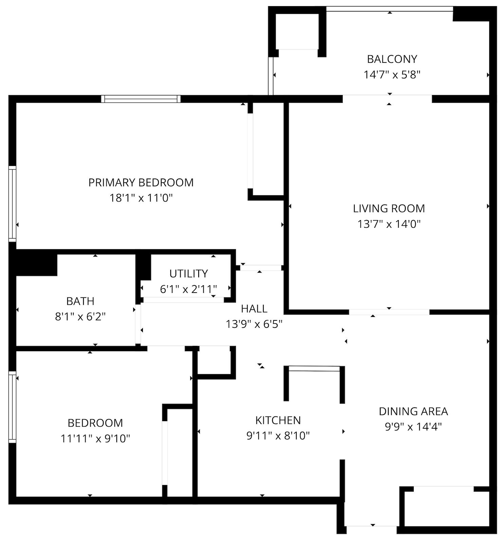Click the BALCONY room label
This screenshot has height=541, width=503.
[x=392, y=59]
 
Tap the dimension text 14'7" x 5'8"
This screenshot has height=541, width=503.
[x=392, y=75]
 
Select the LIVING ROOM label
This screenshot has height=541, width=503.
[x=389, y=208]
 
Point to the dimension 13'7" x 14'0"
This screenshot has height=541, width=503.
[x=389, y=224]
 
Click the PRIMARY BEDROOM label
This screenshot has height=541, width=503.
[x=141, y=183]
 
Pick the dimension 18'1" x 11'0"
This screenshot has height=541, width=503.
[x=141, y=198]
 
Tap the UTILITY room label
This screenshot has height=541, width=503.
[x=188, y=274]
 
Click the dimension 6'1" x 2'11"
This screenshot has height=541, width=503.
[x=188, y=289]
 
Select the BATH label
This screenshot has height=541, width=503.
[x=80, y=301]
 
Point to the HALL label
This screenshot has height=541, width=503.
[x=254, y=309]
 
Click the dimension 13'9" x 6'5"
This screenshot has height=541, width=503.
[x=254, y=324]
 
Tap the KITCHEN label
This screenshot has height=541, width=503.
[x=278, y=420]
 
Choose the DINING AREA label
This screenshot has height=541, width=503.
[x=413, y=411]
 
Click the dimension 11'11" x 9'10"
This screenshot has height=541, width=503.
[x=95, y=439]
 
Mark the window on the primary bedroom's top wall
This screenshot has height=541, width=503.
[x=141, y=99]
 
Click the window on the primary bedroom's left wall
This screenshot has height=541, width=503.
[x=12, y=204]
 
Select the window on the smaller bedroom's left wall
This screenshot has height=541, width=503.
[x=12, y=407]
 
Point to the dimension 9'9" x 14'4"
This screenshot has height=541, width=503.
[x=413, y=427]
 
